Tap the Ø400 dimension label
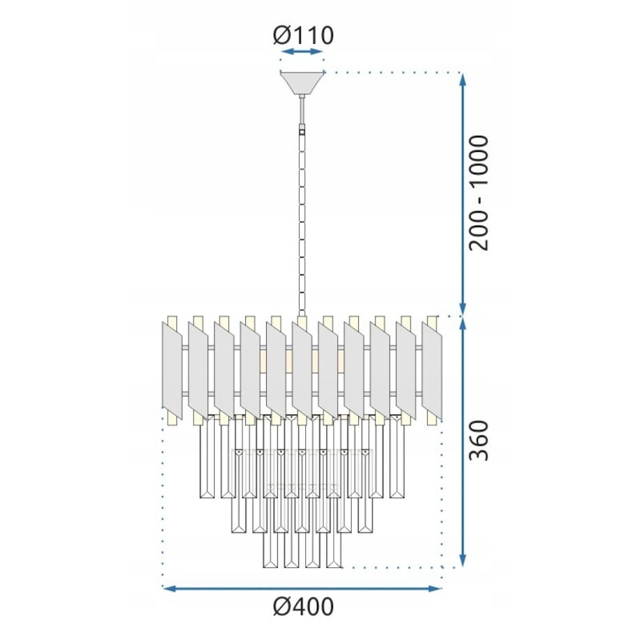[303, 607]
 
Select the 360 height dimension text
[479, 440]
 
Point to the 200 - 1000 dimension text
[479, 192]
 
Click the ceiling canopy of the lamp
[302, 83]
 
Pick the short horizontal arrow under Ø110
[303, 52]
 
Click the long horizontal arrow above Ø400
[302, 589]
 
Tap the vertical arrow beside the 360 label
[463, 442]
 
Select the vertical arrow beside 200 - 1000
[463, 194]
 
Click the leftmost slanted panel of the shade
[172, 371]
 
